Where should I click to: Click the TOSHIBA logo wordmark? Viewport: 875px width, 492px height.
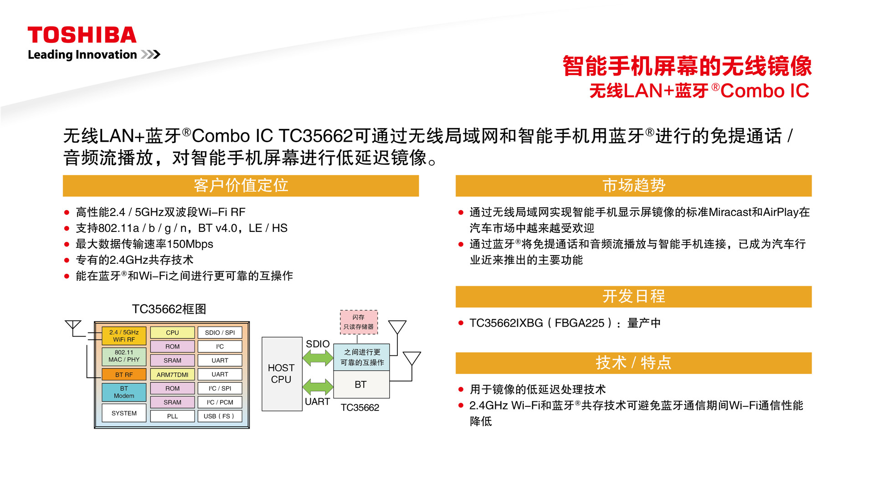click(x=82, y=35)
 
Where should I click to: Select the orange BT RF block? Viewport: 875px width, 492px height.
click(x=124, y=374)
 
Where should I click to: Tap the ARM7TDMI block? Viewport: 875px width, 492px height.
click(x=172, y=374)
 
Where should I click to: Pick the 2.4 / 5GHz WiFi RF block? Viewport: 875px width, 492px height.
click(x=124, y=336)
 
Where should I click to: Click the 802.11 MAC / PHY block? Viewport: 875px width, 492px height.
click(x=124, y=356)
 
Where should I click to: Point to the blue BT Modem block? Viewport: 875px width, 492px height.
click(x=124, y=392)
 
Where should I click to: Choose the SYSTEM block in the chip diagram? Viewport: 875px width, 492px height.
click(x=124, y=413)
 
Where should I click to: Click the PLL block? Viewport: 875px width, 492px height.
click(x=172, y=416)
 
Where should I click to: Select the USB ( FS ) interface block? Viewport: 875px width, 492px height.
click(x=220, y=416)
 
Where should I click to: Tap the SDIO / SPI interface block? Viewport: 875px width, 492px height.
click(x=220, y=333)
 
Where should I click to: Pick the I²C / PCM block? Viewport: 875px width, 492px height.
click(x=220, y=402)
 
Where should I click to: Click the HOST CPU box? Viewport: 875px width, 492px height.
click(x=282, y=374)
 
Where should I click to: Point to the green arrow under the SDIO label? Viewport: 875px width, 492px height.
click(x=318, y=358)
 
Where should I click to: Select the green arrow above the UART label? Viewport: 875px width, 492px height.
click(x=318, y=387)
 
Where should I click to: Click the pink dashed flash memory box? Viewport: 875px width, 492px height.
click(x=359, y=322)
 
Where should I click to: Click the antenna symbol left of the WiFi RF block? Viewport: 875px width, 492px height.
click(x=73, y=328)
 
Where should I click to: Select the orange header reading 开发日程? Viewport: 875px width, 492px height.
click(x=633, y=297)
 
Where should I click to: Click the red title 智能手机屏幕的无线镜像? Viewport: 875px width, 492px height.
click(x=687, y=66)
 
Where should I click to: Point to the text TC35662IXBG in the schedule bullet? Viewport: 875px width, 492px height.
click(x=506, y=323)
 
